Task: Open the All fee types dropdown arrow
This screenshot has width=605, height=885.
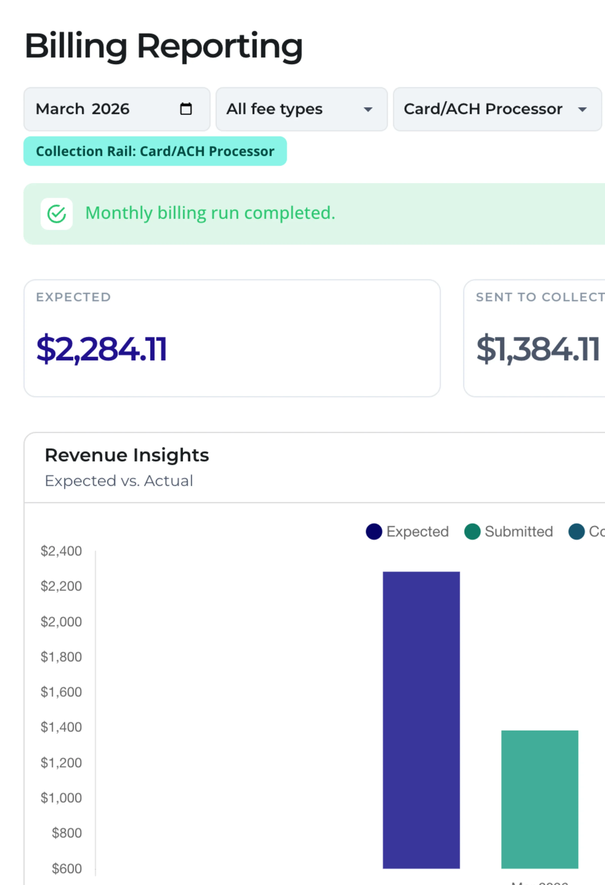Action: (368, 110)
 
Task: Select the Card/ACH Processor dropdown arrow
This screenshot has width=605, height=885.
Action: (582, 110)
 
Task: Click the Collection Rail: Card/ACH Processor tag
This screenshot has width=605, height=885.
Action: (155, 151)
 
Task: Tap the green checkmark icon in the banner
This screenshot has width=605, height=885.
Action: (57, 214)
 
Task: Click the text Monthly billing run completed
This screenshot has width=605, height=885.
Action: (210, 213)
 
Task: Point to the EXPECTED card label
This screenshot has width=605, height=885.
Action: (74, 297)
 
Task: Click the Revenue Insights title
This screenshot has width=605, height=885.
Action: (127, 455)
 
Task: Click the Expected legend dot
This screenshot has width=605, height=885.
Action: (374, 532)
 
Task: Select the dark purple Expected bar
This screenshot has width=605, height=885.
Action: (421, 720)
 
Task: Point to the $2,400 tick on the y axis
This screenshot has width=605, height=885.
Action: (61, 551)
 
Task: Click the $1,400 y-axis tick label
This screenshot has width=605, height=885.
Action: (61, 727)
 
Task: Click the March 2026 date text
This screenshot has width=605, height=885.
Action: (83, 109)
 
